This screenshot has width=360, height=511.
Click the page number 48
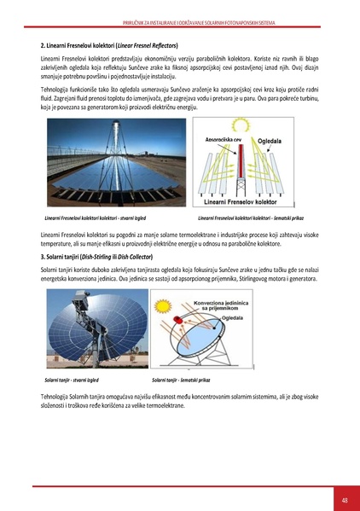click(344, 500)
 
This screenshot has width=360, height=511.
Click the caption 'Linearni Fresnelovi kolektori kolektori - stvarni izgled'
click(95, 219)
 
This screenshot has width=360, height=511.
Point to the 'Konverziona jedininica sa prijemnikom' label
click(223, 305)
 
